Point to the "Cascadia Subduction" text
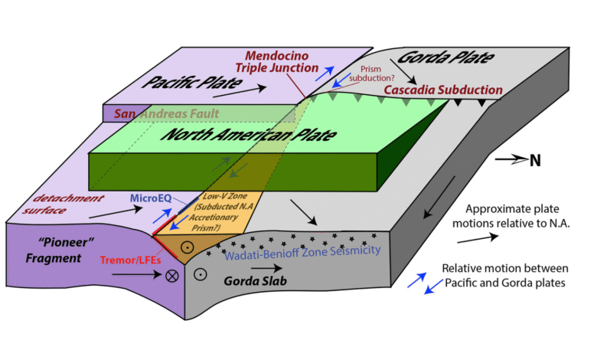point(442,90)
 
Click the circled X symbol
point(174,274)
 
